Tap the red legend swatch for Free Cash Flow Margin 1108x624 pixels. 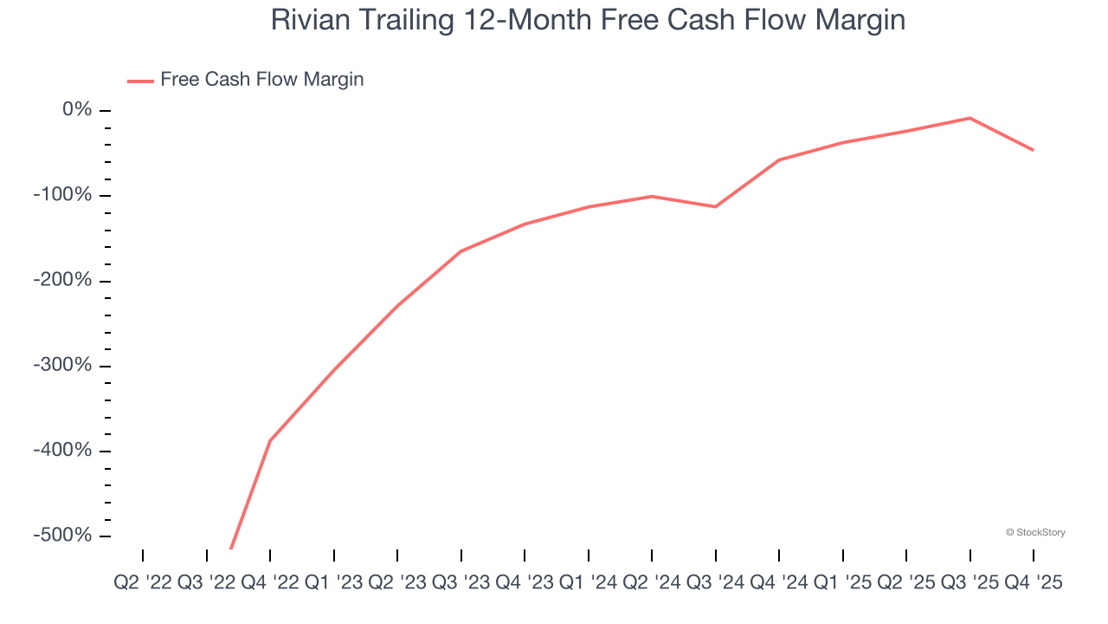(140, 81)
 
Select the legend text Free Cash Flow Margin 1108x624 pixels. (261, 80)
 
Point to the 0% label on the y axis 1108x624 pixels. (76, 109)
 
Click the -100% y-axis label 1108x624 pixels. (61, 195)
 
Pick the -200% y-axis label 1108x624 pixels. (61, 280)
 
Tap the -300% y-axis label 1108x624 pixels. (61, 365)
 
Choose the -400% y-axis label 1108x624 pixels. (61, 451)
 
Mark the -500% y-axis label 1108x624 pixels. (61, 536)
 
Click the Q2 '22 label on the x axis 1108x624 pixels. (143, 583)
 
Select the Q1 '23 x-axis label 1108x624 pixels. (334, 583)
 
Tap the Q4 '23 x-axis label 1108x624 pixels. (525, 583)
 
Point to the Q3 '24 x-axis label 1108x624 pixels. (716, 583)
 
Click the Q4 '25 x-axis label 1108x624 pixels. (1034, 583)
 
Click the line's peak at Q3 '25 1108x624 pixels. (969, 118)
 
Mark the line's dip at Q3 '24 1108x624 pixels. (716, 206)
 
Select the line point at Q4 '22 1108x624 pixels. (270, 440)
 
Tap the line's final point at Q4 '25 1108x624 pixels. (1034, 150)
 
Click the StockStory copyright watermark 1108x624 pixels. (1035, 532)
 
